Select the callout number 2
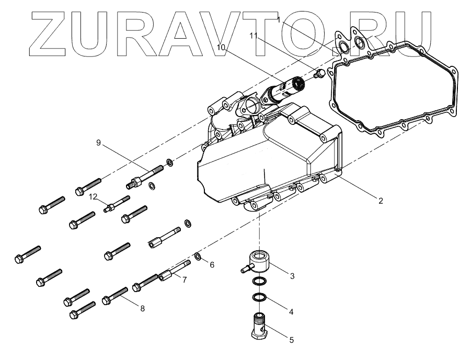pyautogui.click(x=381, y=201)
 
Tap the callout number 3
pyautogui.click(x=292, y=275)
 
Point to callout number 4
pyautogui.click(x=291, y=312)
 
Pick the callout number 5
pyautogui.click(x=291, y=338)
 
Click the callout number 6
pyautogui.click(x=212, y=265)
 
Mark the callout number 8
pyautogui.click(x=142, y=308)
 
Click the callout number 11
pyautogui.click(x=254, y=36)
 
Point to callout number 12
pyautogui.click(x=93, y=197)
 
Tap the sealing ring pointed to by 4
pyautogui.click(x=258, y=298)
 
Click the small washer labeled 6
pyautogui.click(x=198, y=257)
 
